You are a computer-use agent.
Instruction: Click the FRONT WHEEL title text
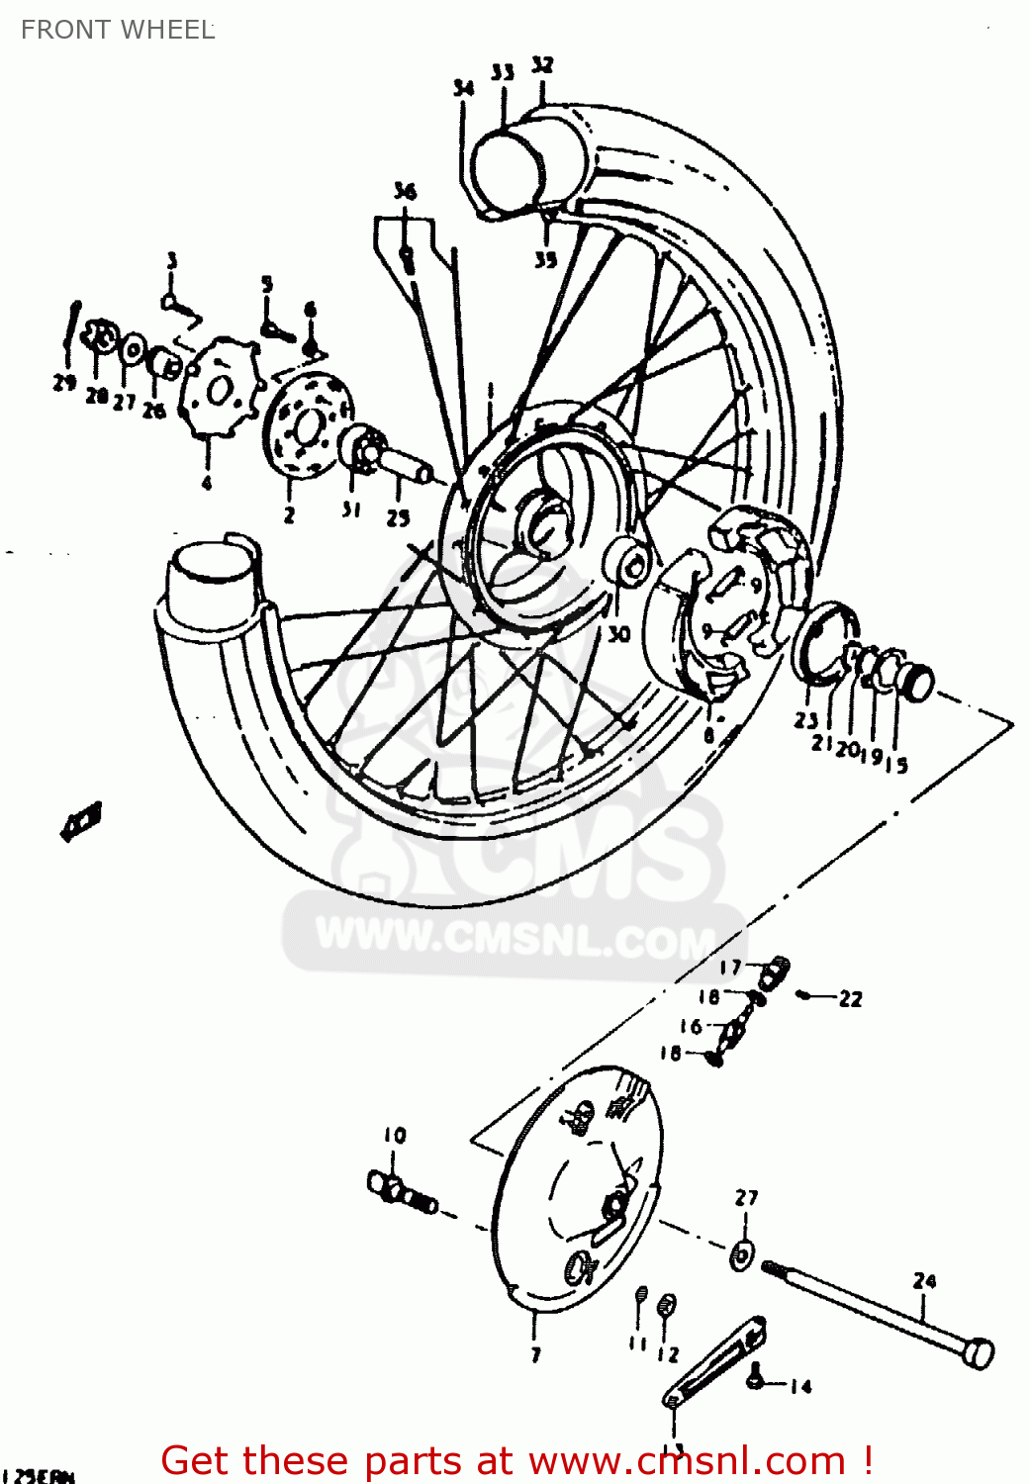tap(117, 30)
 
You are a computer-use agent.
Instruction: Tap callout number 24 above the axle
tap(924, 1280)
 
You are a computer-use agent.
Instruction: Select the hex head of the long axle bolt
tap(978, 1352)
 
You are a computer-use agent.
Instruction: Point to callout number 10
tap(395, 1135)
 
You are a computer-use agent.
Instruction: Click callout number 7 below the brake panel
tap(535, 1354)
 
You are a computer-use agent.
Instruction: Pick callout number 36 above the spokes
tap(405, 191)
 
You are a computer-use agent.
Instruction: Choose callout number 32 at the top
tap(542, 65)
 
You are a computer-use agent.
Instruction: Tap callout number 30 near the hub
tap(618, 633)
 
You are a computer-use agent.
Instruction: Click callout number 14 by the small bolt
tap(800, 1387)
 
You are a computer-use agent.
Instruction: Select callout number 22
tap(850, 999)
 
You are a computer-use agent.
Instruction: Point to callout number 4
tap(206, 483)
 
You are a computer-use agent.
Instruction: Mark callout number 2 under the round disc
tap(289, 514)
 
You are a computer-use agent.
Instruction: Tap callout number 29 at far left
tap(64, 383)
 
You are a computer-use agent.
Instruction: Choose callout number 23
tap(805, 720)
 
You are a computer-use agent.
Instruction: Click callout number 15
tap(896, 765)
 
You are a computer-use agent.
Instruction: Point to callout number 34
tap(463, 88)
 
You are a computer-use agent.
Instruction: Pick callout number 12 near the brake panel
tap(668, 1354)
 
